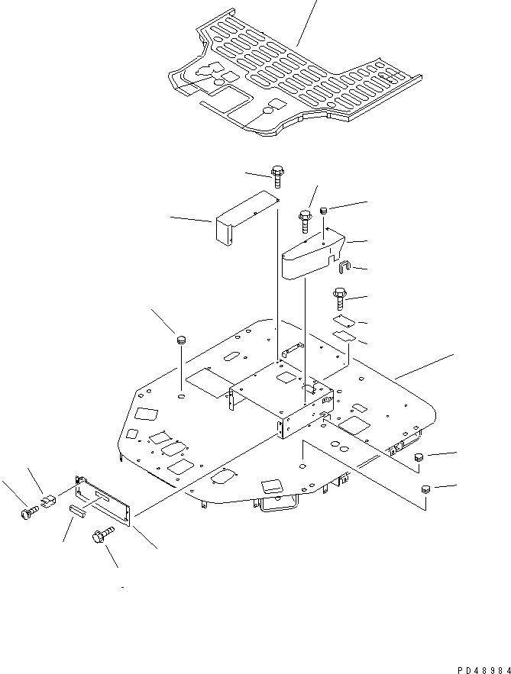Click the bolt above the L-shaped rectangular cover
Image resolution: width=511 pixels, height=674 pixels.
tap(277, 176)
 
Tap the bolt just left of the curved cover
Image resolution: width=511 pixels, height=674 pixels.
tap(304, 221)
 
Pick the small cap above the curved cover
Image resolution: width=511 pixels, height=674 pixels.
tap(324, 211)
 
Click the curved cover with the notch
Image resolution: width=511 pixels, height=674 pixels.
tap(313, 253)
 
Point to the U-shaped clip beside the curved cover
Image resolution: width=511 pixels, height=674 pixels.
tap(344, 267)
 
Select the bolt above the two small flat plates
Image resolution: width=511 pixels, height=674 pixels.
tap(340, 298)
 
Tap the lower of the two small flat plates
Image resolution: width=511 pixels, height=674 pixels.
tap(344, 336)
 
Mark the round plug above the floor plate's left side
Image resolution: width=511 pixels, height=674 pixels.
tap(182, 340)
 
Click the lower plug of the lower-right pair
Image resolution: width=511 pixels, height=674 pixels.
tap(426, 489)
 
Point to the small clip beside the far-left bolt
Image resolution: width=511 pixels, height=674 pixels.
tap(49, 500)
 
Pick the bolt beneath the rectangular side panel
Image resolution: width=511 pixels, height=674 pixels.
tap(103, 535)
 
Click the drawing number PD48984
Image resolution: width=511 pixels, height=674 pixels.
tap(483, 669)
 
